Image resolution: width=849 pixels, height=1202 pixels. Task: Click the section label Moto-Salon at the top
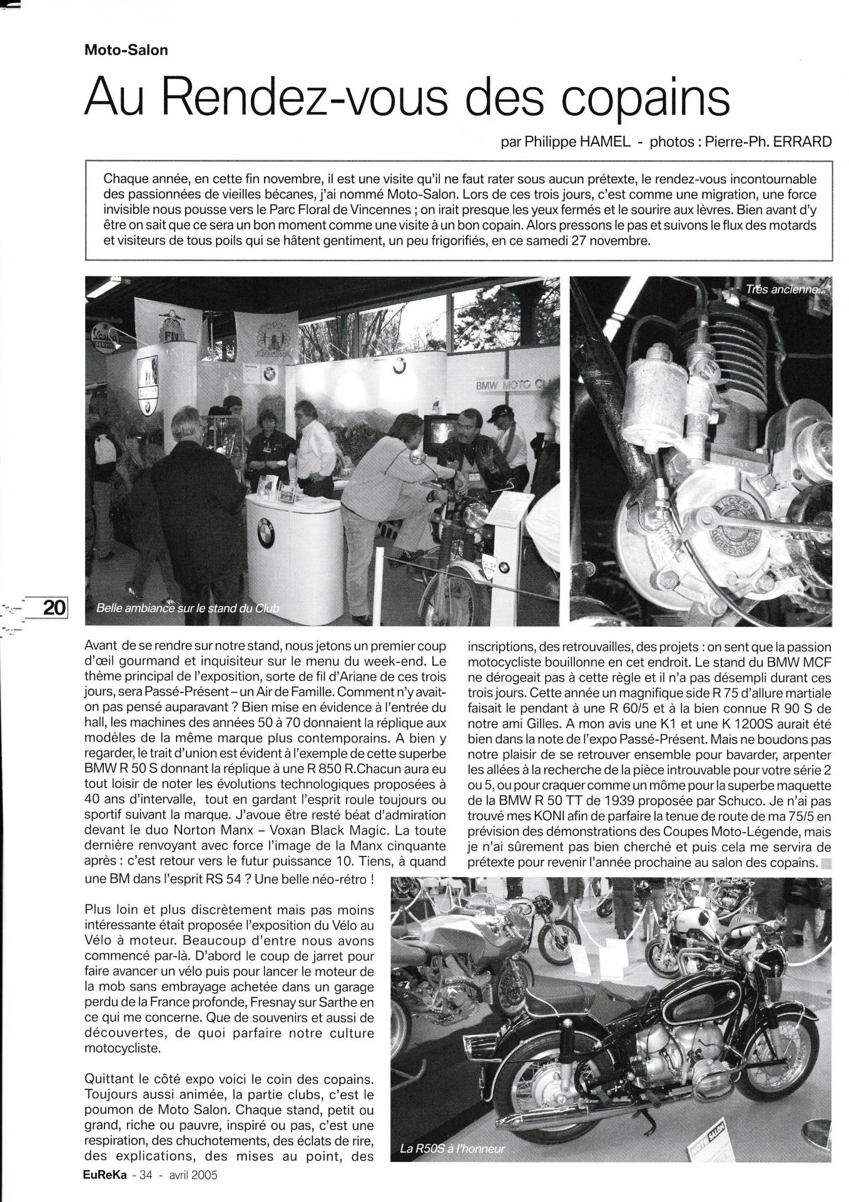(126, 51)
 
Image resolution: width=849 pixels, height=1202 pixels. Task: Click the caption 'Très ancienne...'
(785, 290)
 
